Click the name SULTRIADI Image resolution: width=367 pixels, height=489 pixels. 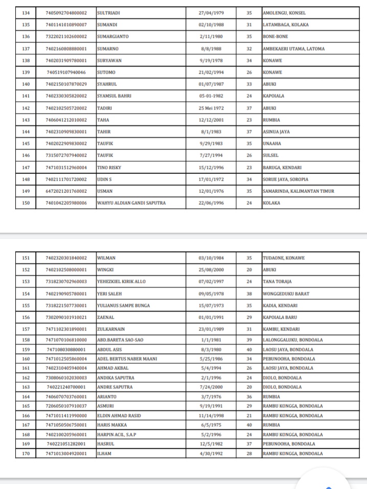(109, 12)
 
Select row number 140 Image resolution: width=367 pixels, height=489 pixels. (26, 84)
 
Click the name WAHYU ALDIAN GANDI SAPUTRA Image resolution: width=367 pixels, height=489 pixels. (131, 203)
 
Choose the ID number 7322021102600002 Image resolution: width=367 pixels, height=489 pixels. (66, 36)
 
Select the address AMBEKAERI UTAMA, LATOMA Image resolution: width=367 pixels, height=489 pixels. (293, 49)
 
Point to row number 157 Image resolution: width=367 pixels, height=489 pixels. (26, 329)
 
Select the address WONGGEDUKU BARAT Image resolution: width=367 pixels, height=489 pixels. (286, 294)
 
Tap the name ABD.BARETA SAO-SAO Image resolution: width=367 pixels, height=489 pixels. (118, 339)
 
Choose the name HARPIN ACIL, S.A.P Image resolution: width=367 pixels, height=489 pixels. (117, 435)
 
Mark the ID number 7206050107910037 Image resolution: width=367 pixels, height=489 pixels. (66, 406)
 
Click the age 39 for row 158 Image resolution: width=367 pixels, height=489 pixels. (249, 339)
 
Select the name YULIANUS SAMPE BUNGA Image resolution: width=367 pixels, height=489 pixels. (123, 305)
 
